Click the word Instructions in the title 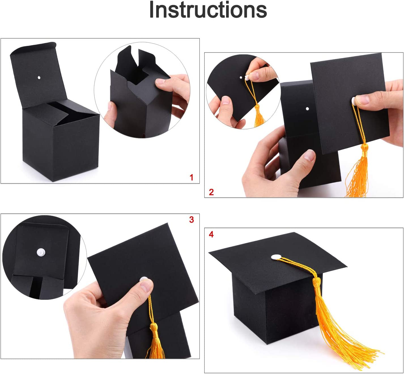[x=208, y=10]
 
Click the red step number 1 [x=192, y=178]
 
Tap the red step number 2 [x=211, y=192]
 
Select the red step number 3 [x=192, y=220]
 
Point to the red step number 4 [x=211, y=234]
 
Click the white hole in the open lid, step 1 [x=39, y=77]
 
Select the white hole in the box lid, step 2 [x=307, y=109]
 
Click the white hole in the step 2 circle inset [x=241, y=77]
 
